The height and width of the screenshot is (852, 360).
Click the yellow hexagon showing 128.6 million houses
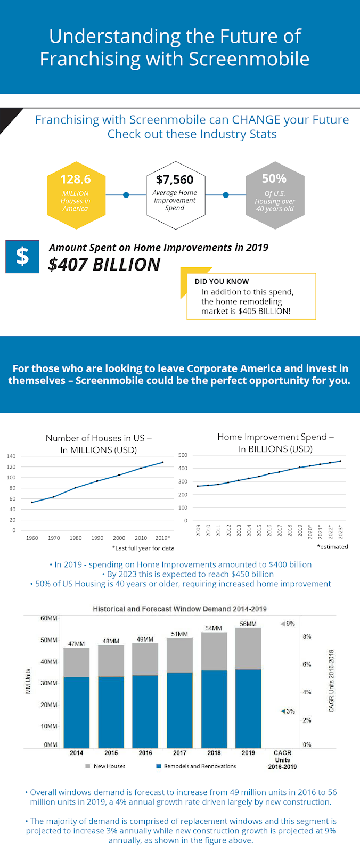pyautogui.click(x=76, y=195)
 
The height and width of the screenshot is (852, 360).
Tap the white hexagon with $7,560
pyautogui.click(x=175, y=195)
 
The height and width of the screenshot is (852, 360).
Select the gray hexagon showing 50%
pyautogui.click(x=275, y=195)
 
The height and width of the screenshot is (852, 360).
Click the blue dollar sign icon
pyautogui.click(x=22, y=256)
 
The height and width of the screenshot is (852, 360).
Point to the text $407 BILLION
pyautogui.click(x=104, y=264)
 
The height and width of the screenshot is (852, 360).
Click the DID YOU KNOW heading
pyautogui.click(x=222, y=282)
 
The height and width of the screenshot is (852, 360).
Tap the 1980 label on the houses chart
pyautogui.click(x=75, y=538)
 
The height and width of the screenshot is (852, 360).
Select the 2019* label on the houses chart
pyautogui.click(x=162, y=538)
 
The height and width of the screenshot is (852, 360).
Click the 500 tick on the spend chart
pyautogui.click(x=183, y=455)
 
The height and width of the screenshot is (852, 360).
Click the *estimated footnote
pyautogui.click(x=333, y=546)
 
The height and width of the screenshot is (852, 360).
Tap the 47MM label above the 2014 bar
pyautogui.click(x=77, y=644)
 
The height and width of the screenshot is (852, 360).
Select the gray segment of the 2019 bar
pyautogui.click(x=248, y=648)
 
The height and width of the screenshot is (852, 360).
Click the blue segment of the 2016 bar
pyautogui.click(x=145, y=711)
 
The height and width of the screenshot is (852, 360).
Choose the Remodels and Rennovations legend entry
pyautogui.click(x=196, y=766)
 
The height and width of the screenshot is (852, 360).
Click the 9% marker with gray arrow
pyautogui.click(x=288, y=624)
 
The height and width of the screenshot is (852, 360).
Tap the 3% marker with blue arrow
pyautogui.click(x=288, y=711)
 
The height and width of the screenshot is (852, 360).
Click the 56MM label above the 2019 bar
pyautogui.click(x=248, y=624)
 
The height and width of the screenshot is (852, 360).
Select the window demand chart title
pyautogui.click(x=179, y=609)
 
